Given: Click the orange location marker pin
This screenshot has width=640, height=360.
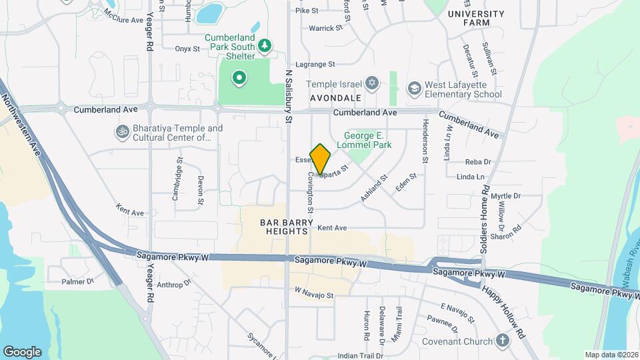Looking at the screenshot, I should point(321,159).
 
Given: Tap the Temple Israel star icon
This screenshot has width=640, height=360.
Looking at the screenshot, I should point(373,84).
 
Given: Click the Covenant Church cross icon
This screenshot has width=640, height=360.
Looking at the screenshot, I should point(503,341).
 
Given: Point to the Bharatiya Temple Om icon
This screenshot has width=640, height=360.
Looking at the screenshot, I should point(123,131).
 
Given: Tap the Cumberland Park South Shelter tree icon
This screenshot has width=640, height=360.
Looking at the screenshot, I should point(265,45).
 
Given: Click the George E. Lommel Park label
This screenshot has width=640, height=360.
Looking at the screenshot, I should point(363,139).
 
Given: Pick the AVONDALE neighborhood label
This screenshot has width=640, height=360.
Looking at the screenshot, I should point(335,97).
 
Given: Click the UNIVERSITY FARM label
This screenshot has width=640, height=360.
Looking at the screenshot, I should point(476,18).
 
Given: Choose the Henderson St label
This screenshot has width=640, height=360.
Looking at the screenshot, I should point(424,141).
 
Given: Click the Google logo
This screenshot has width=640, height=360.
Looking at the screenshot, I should point(22,352).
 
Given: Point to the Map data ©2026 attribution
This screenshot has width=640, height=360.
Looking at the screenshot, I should point(611,355).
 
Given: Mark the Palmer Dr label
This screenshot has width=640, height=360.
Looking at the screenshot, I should point(78,281).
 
